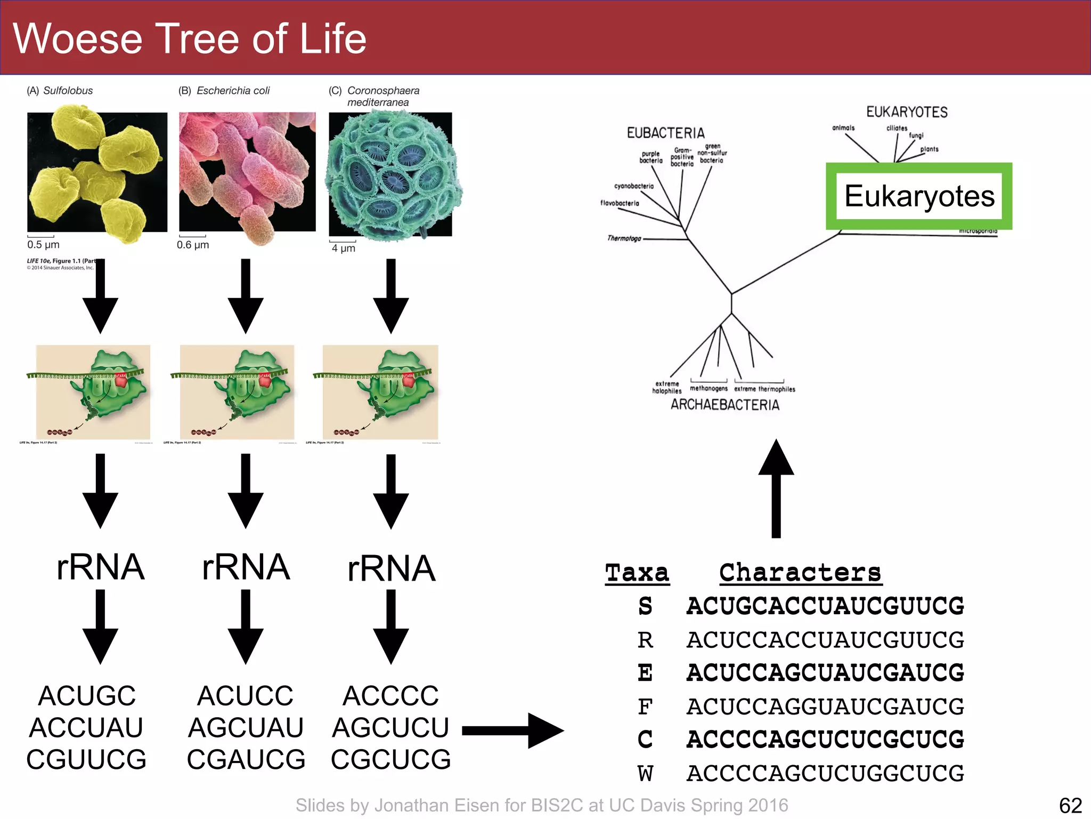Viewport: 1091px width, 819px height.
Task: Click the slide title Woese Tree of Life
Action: pyautogui.click(x=189, y=39)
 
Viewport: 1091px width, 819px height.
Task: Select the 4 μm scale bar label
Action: pyautogui.click(x=343, y=248)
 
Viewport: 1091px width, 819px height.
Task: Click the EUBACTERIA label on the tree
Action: pyautogui.click(x=665, y=133)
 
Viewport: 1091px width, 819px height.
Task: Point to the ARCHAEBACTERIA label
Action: pyautogui.click(x=724, y=405)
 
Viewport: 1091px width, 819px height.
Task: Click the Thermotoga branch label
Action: pyautogui.click(x=624, y=238)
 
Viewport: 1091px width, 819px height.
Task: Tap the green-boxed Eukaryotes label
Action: pyautogui.click(x=919, y=196)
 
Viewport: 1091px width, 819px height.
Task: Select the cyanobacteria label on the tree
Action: pyautogui.click(x=633, y=186)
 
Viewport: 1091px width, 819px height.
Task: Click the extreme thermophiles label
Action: pyautogui.click(x=764, y=389)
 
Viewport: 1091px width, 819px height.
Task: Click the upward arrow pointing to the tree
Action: pyautogui.click(x=776, y=488)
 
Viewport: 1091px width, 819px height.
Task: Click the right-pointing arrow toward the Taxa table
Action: pyautogui.click(x=512, y=730)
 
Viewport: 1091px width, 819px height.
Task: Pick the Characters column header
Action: pyautogui.click(x=800, y=573)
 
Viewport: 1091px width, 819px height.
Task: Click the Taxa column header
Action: pyautogui.click(x=637, y=573)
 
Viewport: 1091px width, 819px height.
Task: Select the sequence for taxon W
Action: pyautogui.click(x=825, y=773)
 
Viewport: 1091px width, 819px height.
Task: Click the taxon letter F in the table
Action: pyautogui.click(x=645, y=707)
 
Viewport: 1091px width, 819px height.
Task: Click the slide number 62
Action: pyautogui.click(x=1070, y=805)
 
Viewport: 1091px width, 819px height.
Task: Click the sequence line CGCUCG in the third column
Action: pyautogui.click(x=390, y=759)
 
